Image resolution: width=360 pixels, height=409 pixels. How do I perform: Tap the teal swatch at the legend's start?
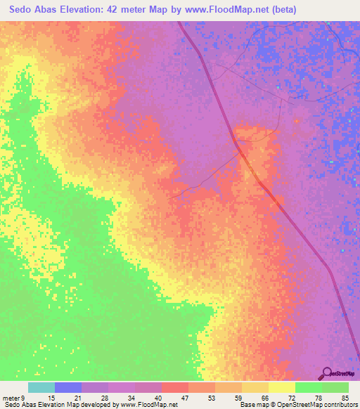[41, 388]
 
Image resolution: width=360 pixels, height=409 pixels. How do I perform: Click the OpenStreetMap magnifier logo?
[326, 372]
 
